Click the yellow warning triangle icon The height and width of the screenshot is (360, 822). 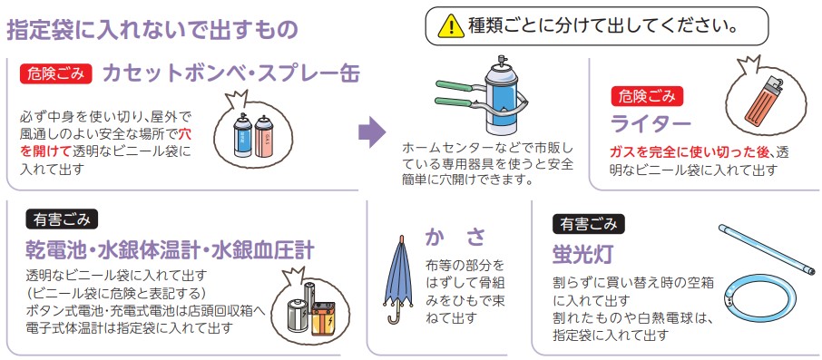(451, 26)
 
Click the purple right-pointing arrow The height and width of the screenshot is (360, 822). (372, 132)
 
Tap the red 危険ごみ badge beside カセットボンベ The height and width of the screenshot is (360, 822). (56, 73)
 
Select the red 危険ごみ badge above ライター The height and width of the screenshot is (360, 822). (646, 96)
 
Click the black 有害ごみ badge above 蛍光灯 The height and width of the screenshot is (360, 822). (589, 224)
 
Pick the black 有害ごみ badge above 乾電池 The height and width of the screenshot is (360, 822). (62, 219)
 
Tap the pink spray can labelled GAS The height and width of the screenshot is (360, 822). (264, 137)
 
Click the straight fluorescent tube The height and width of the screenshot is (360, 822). (767, 249)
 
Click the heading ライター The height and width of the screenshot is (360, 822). (651, 124)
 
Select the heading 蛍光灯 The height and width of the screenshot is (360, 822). (582, 255)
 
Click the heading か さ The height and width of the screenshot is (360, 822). (455, 238)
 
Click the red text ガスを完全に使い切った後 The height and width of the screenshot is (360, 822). (692, 153)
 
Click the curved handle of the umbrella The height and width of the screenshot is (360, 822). (391, 316)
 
